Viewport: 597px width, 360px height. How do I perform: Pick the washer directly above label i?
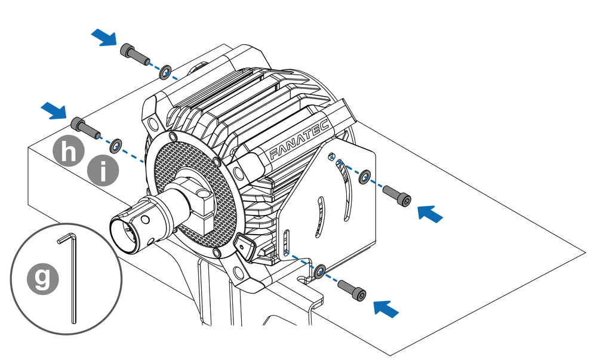116,143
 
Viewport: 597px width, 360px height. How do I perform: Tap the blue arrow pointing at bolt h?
54,110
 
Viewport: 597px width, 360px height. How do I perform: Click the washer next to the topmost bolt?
165,73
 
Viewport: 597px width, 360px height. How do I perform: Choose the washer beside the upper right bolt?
363,177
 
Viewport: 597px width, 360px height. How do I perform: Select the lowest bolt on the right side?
352,289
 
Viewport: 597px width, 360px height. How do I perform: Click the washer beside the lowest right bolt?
320,272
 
